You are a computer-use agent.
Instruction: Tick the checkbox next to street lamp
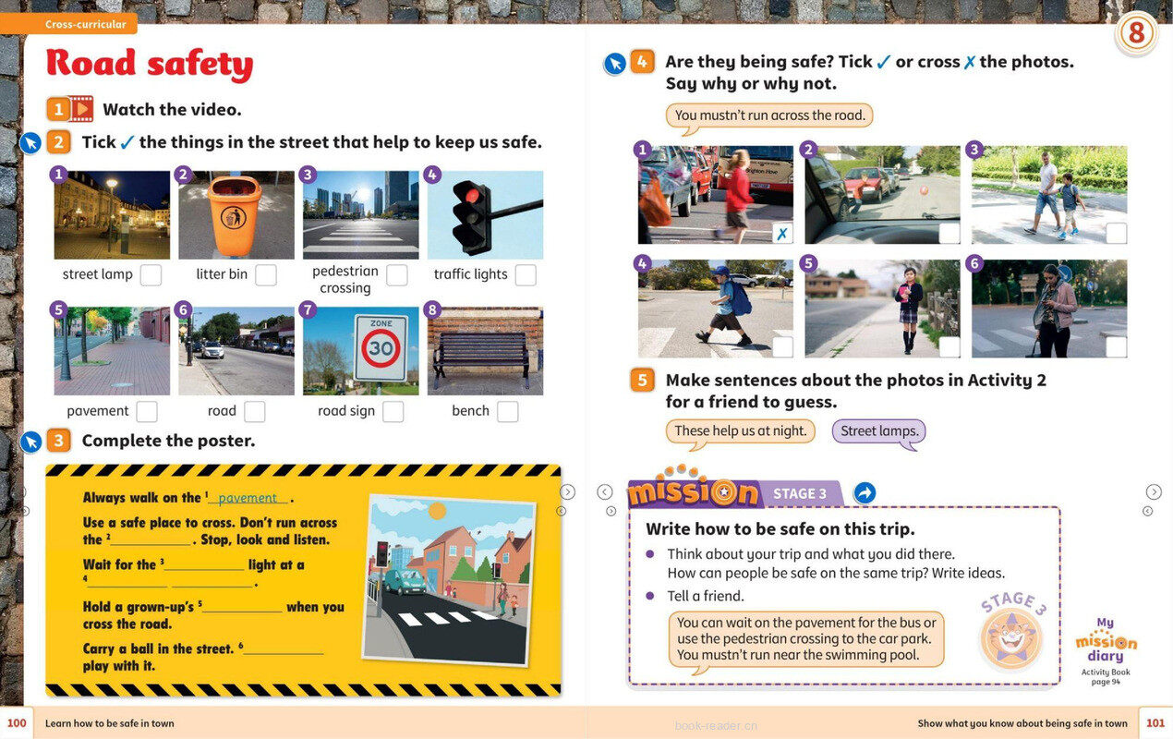151,275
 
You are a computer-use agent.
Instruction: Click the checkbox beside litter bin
266,275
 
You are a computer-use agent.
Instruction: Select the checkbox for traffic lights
526,275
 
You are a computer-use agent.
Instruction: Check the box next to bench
507,412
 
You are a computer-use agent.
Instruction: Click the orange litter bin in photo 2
234,214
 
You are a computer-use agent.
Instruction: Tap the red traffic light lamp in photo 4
472,196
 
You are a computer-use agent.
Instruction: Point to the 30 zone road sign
381,347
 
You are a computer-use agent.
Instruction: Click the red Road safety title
150,64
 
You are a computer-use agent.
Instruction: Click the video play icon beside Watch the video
81,109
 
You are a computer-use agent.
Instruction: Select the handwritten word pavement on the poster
248,498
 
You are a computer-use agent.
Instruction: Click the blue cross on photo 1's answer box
782,234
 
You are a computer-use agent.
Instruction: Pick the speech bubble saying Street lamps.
878,432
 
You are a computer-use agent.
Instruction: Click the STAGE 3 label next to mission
800,493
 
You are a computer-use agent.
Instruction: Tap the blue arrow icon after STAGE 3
865,493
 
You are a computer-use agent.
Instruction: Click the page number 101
1155,723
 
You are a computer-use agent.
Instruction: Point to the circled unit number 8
1136,33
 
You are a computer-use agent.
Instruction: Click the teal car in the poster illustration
405,582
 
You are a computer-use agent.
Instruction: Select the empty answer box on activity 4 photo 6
1116,346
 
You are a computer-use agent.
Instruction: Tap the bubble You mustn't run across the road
769,116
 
